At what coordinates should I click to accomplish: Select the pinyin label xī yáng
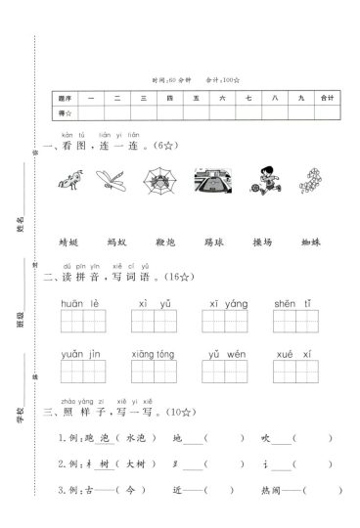[x=222, y=304]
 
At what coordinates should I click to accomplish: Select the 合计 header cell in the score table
[x=327, y=98]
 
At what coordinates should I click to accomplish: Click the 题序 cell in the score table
[x=67, y=98]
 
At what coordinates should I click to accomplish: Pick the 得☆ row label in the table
[x=67, y=112]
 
